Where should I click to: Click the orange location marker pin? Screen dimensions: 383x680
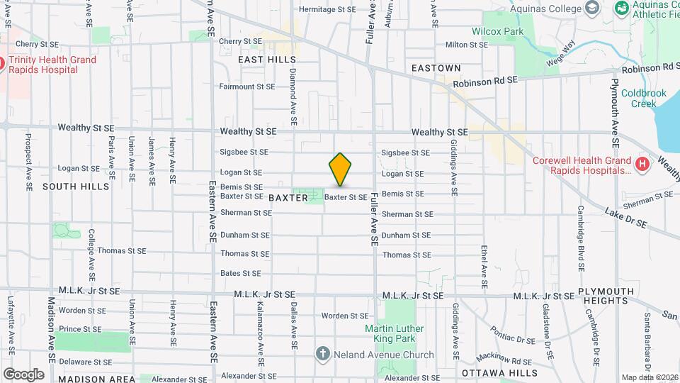point(340,169)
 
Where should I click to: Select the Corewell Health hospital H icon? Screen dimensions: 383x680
point(642,165)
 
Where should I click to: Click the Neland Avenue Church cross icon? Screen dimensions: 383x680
point(322,353)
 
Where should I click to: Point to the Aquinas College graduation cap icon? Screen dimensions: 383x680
point(592,9)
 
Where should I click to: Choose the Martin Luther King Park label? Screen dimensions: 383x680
point(394,334)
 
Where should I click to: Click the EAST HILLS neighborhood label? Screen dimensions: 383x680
point(267,60)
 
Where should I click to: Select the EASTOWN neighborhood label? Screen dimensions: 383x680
point(436,68)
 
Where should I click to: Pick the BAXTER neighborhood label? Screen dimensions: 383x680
point(289,198)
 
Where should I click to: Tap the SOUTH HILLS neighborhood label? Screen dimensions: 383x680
point(76,187)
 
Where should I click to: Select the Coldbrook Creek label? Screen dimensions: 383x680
point(639,98)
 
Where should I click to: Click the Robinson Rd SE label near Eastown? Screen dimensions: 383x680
point(486,83)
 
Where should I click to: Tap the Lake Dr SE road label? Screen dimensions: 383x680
point(626,218)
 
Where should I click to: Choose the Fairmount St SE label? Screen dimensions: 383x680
point(246,87)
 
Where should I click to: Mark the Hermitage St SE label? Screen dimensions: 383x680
point(327,10)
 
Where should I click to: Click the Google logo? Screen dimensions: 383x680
point(23,374)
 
